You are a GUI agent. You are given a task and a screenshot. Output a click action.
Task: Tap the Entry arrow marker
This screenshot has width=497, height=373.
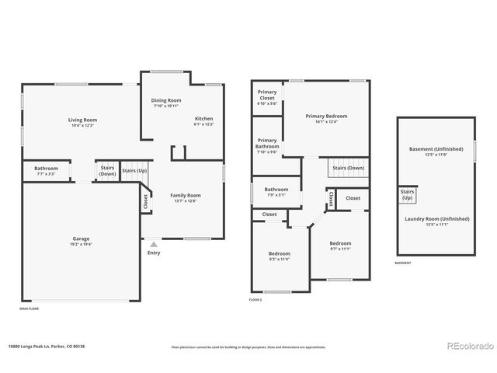pos(153,243)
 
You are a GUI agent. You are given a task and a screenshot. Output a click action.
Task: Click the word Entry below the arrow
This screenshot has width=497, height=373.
pos(153,253)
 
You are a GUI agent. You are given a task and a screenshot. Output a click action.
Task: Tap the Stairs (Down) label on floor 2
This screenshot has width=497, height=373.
pos(348,168)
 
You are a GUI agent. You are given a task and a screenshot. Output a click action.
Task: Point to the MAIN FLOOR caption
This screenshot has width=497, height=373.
pos(30,309)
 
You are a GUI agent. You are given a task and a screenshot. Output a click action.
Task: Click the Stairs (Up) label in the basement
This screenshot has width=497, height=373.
pos(407,194)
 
